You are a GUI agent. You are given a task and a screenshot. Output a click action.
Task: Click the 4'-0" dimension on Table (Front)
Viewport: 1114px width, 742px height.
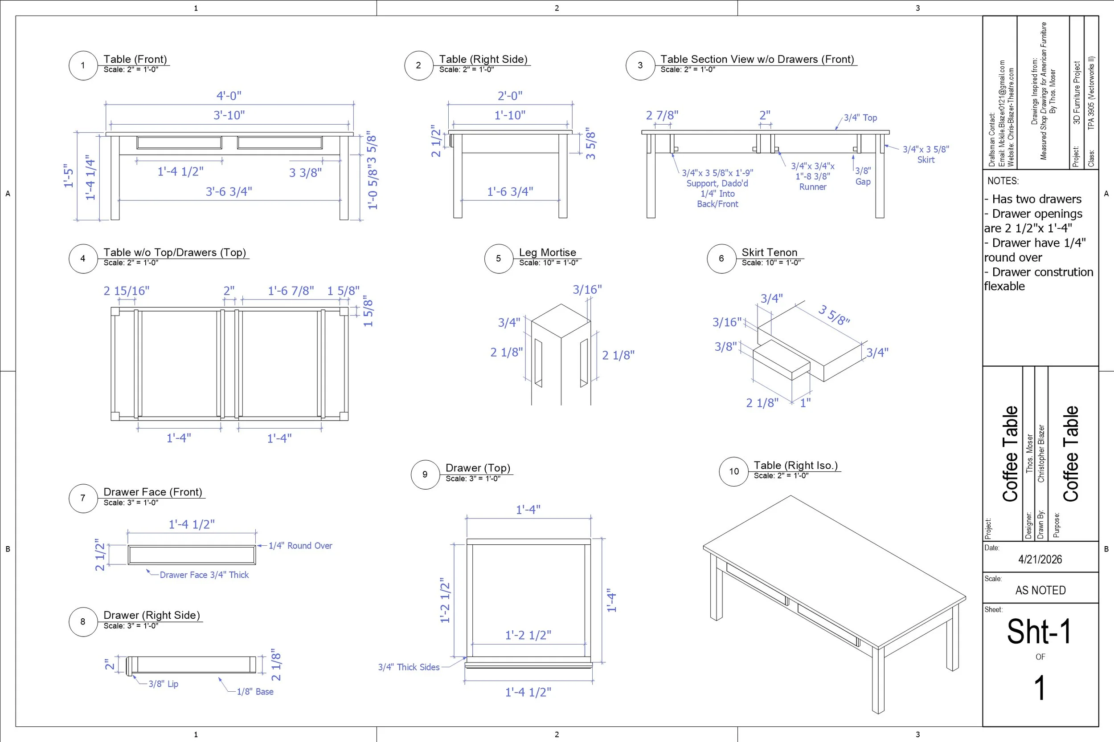click(229, 96)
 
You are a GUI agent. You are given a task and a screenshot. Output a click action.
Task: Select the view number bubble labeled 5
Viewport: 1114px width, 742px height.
click(498, 258)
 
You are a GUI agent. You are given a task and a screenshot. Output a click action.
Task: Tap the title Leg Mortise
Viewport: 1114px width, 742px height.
click(548, 252)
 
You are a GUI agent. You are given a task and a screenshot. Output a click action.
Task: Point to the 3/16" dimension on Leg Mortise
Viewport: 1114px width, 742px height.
click(587, 289)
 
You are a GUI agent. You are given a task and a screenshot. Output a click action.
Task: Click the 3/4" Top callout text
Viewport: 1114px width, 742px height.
click(860, 118)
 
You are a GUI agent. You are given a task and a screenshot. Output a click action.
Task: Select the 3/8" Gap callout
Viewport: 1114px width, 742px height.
click(863, 176)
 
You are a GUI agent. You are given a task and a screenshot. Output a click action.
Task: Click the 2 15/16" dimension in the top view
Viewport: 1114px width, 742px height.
click(127, 291)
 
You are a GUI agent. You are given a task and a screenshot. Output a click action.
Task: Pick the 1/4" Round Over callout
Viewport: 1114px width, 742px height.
click(300, 546)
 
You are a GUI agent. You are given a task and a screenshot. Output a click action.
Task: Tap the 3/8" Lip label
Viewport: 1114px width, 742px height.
click(164, 684)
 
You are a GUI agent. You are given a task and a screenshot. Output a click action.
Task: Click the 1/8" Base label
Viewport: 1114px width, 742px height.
click(255, 691)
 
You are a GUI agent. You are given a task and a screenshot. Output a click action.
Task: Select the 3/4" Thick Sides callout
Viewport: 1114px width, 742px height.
click(409, 667)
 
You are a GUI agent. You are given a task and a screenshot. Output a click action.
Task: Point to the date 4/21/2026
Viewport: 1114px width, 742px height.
click(1040, 560)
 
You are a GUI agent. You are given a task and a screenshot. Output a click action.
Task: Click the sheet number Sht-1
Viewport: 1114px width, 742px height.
click(1039, 632)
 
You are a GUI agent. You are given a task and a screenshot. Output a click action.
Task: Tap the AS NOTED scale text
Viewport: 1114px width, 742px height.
click(1040, 590)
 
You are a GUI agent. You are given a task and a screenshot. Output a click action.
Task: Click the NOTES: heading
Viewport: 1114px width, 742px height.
click(1003, 181)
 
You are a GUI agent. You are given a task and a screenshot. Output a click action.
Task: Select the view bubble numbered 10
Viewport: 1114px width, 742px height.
click(733, 471)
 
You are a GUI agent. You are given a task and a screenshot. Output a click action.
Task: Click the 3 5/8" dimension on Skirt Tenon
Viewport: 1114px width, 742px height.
click(834, 315)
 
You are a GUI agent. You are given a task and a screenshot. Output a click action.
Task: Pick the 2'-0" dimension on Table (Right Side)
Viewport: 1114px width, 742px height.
click(510, 96)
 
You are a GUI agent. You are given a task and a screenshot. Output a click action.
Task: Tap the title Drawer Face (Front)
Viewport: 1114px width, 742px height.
click(152, 492)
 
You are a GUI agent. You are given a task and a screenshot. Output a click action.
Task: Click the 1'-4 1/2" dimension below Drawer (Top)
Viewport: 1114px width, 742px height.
click(528, 692)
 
